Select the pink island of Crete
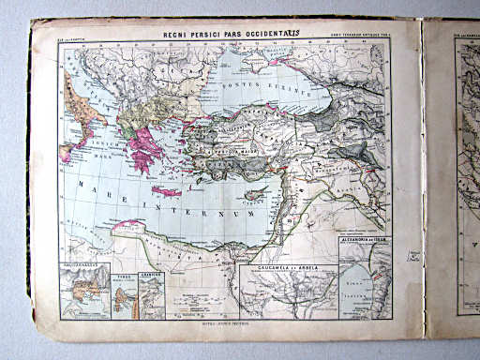[x=166, y=191]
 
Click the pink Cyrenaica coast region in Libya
[x=131, y=226]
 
